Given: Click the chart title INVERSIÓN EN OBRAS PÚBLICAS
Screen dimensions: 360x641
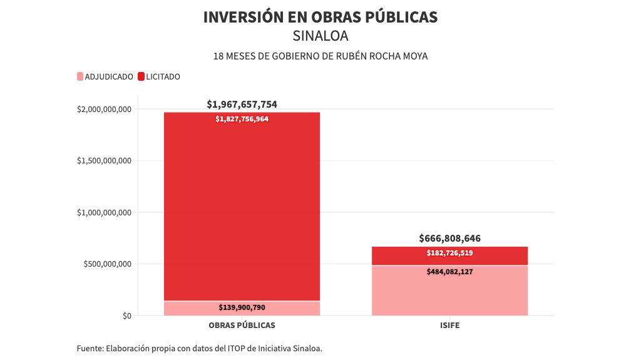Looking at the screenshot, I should point(320,18).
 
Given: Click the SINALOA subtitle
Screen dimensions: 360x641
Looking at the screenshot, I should point(320,36).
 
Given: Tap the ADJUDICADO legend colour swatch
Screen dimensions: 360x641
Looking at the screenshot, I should point(79,77).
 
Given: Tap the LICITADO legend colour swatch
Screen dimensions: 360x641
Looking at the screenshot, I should point(141,77).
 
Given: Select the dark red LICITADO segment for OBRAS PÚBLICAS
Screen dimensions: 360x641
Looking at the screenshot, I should point(242,207).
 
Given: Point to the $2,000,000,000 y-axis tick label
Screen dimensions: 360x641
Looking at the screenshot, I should point(104,110).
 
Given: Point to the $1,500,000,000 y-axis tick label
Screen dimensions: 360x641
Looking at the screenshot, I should point(104,161).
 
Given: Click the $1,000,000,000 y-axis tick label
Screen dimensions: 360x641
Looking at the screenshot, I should point(104,213).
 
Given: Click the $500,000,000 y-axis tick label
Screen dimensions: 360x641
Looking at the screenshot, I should point(107,264).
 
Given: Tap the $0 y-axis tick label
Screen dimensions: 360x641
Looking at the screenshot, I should point(126,316).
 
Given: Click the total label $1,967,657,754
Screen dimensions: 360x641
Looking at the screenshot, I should point(242,104).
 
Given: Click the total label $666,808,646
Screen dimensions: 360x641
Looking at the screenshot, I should point(449,239).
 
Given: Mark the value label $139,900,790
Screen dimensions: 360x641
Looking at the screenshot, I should point(242,307).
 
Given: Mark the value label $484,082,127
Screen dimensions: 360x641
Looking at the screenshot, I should point(449,272).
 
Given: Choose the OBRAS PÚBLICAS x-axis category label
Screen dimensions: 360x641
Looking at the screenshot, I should point(242,326).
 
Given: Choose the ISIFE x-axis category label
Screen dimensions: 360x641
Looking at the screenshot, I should point(449,326).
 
